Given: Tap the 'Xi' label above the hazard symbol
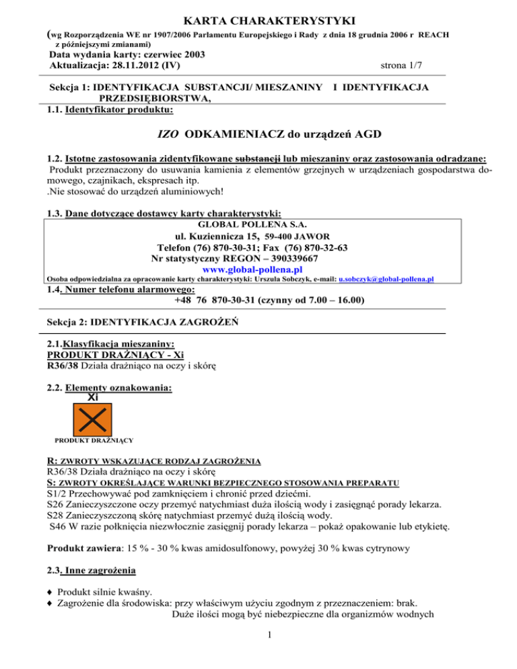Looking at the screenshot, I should coord(94,397).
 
